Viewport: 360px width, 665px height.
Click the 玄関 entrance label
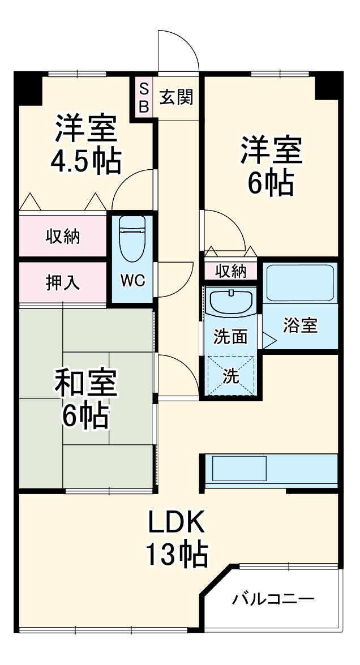pos(175,97)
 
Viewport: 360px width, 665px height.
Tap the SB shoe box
pos(144,97)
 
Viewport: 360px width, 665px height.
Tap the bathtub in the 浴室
pos(300,281)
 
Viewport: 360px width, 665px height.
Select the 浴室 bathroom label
pos(300,326)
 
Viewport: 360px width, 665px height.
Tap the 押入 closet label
pos(62,283)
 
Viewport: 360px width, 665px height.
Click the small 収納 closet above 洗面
pos(231,271)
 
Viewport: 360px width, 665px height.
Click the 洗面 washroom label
pos(230,337)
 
